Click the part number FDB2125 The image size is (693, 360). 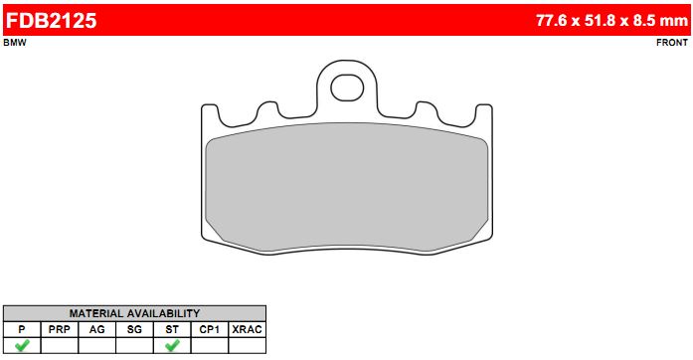tap(51, 20)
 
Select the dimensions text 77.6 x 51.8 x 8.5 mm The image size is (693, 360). tap(611, 20)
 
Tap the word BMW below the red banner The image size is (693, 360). tap(15, 43)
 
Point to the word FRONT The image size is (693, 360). tap(672, 43)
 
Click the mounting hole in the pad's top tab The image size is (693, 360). tap(347, 88)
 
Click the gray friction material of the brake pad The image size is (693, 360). tap(347, 187)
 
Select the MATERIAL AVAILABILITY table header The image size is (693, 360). tap(134, 313)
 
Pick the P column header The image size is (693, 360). tap(22, 329)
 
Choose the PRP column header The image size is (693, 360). tap(60, 329)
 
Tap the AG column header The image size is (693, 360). tap(96, 329)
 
